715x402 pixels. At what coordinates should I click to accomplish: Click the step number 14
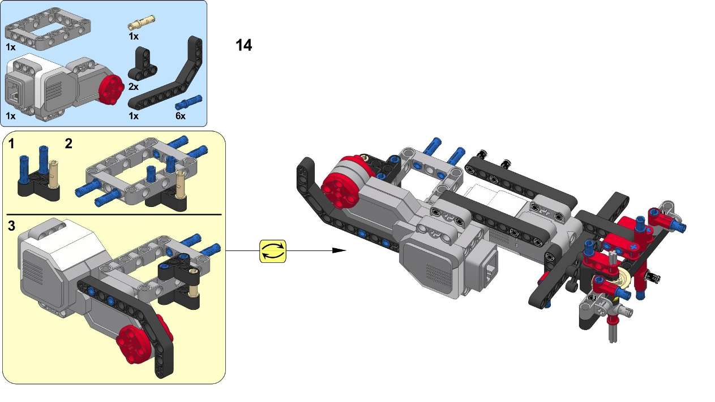click(243, 45)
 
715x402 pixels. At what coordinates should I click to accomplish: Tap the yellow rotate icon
click(273, 251)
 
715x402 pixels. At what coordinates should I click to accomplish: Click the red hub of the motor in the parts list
click(110, 88)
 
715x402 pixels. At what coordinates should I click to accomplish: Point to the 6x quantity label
click(180, 116)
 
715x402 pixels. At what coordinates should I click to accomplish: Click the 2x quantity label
click(133, 87)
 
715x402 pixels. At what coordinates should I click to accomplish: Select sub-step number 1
click(11, 144)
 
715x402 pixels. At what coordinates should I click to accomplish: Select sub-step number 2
click(68, 144)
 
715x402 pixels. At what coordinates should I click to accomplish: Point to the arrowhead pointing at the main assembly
click(339, 250)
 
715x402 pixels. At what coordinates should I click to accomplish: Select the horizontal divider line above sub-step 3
click(113, 215)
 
